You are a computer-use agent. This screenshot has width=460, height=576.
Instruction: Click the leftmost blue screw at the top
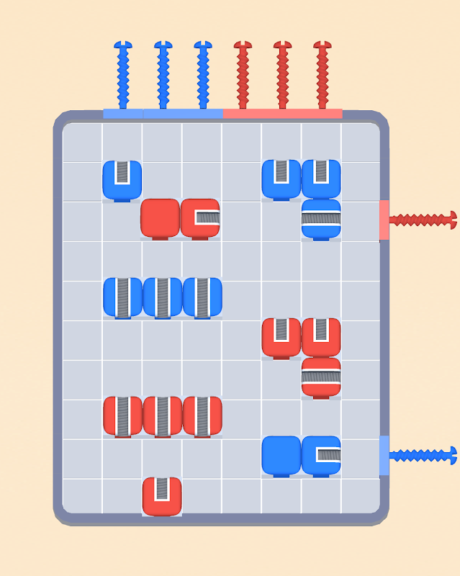tap(123, 76)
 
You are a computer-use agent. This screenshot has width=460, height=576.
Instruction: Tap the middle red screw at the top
tap(283, 76)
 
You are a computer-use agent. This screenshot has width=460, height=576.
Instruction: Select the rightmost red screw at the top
tap(323, 76)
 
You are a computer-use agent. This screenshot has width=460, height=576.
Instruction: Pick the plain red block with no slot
tap(160, 217)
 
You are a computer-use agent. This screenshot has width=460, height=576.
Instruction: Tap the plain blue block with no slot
tap(281, 455)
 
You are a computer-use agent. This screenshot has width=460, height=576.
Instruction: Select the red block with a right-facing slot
tap(200, 217)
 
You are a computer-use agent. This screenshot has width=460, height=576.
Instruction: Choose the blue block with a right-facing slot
tap(321, 455)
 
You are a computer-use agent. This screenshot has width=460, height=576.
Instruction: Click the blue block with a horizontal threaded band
tap(321, 218)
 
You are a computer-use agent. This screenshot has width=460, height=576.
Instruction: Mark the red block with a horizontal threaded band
tap(321, 377)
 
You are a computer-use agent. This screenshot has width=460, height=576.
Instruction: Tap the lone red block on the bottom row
tap(162, 496)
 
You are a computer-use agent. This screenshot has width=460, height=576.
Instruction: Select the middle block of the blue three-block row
tap(162, 297)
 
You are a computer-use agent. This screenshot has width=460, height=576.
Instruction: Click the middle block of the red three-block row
tap(162, 415)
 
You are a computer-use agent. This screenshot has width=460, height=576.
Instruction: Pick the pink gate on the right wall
tap(384, 220)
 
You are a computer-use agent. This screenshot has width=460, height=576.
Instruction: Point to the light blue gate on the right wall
tap(384, 455)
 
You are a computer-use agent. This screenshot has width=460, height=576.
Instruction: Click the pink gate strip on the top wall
tap(282, 114)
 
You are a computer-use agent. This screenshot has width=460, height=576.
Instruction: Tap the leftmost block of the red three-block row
tap(122, 415)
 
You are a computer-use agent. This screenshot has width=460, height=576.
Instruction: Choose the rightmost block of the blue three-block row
tap(202, 297)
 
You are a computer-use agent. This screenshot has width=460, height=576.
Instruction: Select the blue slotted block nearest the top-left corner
tap(122, 179)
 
